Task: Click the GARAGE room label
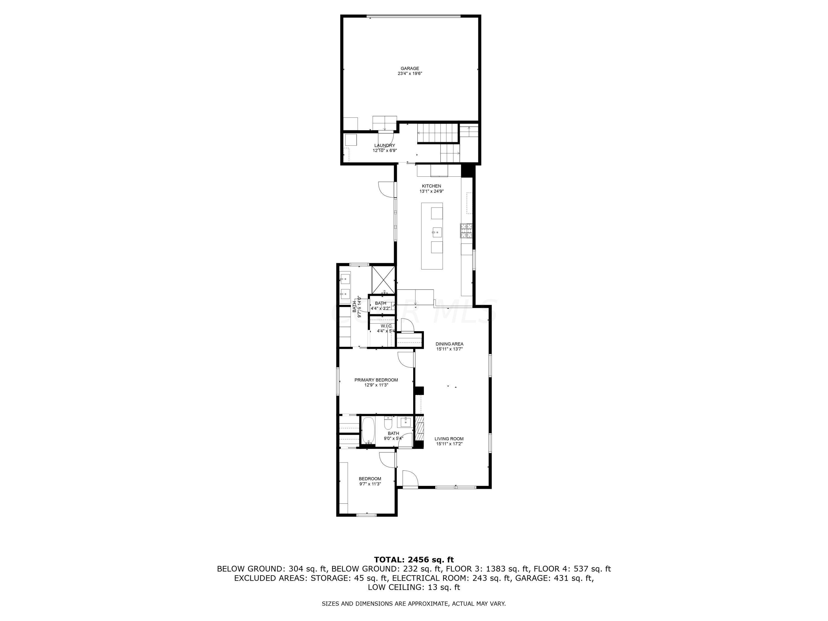tap(410, 68)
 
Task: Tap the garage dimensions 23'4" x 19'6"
tap(410, 74)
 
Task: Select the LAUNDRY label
tap(384, 146)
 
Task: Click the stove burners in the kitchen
tap(466, 230)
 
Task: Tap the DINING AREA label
tap(449, 344)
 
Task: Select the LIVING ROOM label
tap(449, 439)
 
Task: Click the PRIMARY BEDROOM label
tap(376, 380)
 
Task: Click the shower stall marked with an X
tap(383, 280)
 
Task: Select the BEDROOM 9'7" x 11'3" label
tap(370, 479)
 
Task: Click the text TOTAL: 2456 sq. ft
tap(414, 560)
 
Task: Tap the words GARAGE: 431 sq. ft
tap(554, 578)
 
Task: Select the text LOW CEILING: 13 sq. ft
tap(414, 587)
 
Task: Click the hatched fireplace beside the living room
tap(420, 431)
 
